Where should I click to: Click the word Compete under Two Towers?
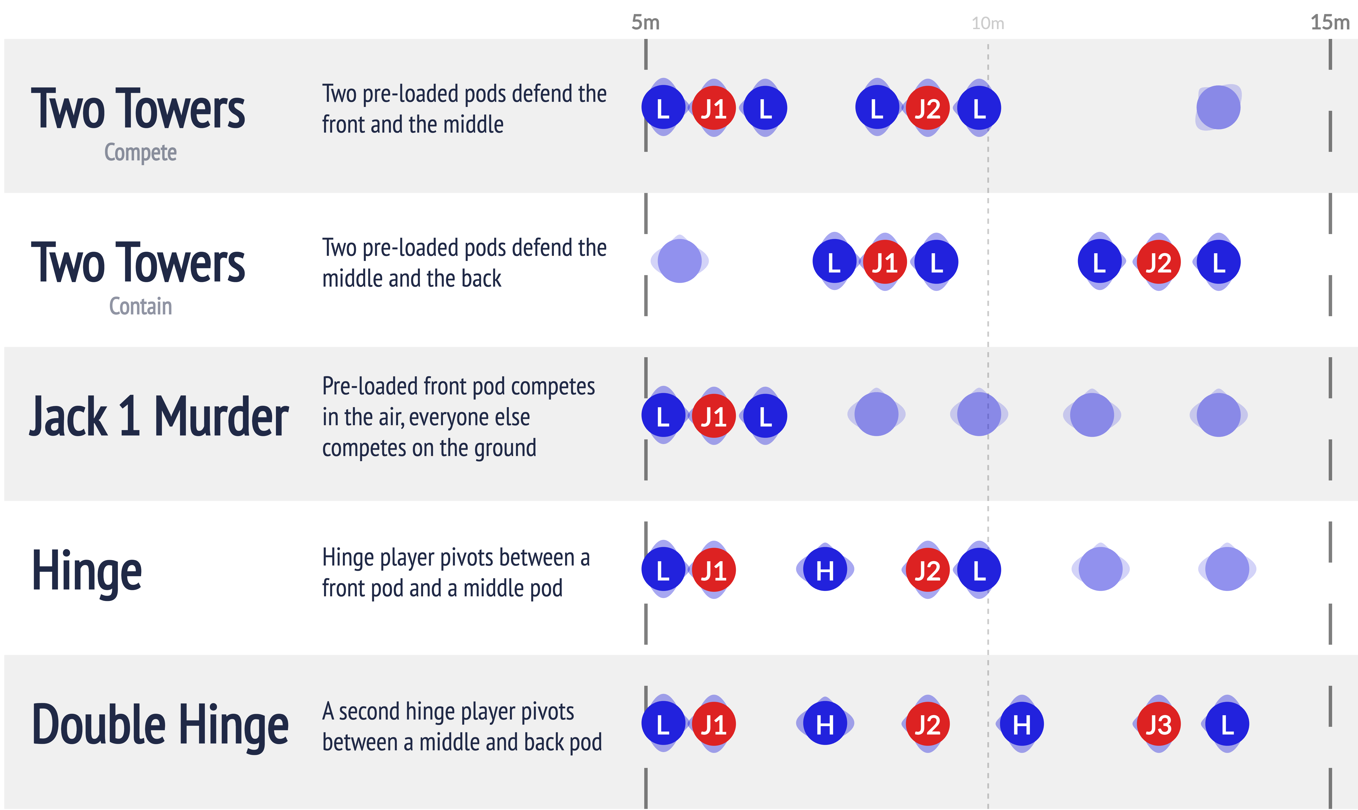point(140,152)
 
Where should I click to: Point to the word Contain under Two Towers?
point(140,306)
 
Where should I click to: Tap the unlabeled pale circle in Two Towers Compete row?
point(1218,108)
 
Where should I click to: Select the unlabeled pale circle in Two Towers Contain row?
point(680,261)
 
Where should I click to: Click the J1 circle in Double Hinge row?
point(713,724)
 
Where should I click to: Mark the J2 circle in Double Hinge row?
point(927,724)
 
